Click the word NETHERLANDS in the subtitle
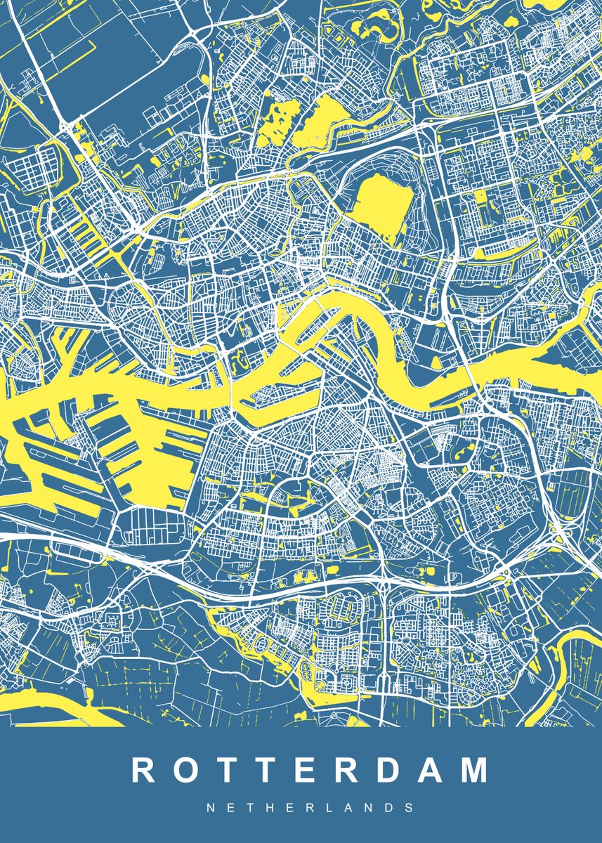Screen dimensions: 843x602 point(310,808)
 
